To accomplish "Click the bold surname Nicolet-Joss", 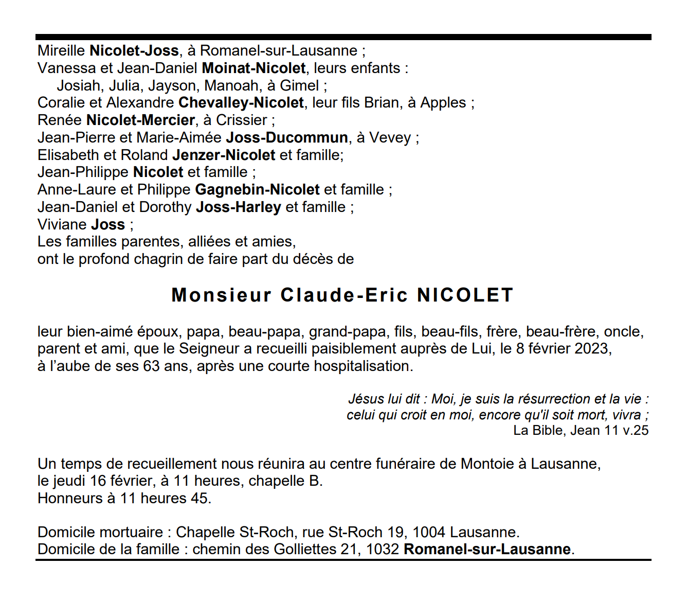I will pyautogui.click(x=134, y=50).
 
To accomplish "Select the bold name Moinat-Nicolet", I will pyautogui.click(x=254, y=68).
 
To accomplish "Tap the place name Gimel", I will pyautogui.click(x=299, y=85).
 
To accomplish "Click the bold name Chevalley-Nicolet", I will pyautogui.click(x=241, y=102).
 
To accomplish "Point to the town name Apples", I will pyautogui.click(x=443, y=102).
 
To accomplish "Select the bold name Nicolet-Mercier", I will pyautogui.click(x=140, y=120).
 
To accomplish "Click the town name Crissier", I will pyautogui.click(x=241, y=120).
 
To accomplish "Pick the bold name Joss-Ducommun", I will pyautogui.click(x=287, y=137).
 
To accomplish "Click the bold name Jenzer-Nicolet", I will pyautogui.click(x=224, y=155).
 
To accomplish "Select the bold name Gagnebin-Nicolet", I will pyautogui.click(x=257, y=189).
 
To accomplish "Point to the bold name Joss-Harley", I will pyautogui.click(x=239, y=207).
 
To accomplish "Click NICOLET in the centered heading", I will pyautogui.click(x=465, y=295).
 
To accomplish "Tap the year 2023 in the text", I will pyautogui.click(x=591, y=348).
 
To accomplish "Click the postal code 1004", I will pyautogui.click(x=429, y=532).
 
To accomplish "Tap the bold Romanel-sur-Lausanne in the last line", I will pyautogui.click(x=487, y=549).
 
